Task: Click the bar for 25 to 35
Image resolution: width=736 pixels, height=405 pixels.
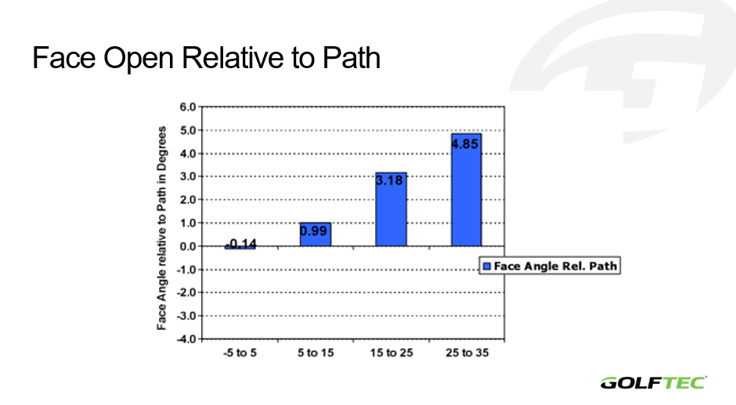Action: [466, 190]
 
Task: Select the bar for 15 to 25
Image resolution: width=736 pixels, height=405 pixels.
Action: [391, 209]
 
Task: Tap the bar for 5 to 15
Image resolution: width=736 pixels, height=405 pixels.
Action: [316, 234]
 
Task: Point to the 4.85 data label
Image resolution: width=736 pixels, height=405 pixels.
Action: [464, 144]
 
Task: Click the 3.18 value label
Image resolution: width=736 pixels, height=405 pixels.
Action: [389, 180]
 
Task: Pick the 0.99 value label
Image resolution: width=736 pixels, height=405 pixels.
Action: [313, 231]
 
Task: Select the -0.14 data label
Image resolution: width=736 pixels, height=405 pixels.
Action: [241, 244]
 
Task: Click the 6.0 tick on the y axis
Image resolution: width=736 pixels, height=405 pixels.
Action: [187, 107]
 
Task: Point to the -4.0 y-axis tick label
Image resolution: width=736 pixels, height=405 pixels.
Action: [186, 338]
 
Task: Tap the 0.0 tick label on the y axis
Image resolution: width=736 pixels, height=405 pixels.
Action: [187, 246]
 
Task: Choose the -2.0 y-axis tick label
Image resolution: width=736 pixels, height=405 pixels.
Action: [186, 292]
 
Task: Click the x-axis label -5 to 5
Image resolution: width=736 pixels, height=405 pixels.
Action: [240, 353]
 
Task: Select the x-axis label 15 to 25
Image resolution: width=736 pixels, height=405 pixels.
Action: [391, 353]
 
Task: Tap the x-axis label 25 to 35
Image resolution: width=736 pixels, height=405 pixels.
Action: [467, 353]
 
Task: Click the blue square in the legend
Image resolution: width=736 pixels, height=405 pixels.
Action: [487, 266]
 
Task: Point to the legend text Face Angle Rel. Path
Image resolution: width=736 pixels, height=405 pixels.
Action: [555, 266]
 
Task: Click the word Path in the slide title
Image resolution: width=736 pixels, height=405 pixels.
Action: [351, 58]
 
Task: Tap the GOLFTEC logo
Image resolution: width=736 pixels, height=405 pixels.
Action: [653, 383]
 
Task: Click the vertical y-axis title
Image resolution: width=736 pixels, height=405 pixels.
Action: [161, 228]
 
